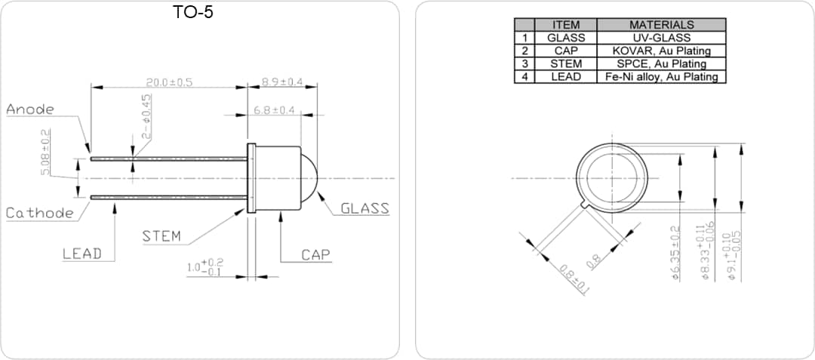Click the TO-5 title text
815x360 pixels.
tap(193, 12)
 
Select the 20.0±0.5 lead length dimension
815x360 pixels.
tap(169, 82)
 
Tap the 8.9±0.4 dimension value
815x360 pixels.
tap(281, 82)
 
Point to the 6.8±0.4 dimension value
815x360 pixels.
tap(274, 110)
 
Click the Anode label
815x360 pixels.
tap(30, 109)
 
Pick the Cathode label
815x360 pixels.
tap(40, 213)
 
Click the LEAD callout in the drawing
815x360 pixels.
tap(81, 254)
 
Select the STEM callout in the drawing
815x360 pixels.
tap(161, 236)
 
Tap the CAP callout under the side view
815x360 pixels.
tap(316, 255)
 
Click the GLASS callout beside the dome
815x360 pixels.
tap(364, 208)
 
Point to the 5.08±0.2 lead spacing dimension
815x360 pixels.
tap(45, 152)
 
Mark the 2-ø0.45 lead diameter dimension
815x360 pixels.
tap(147, 115)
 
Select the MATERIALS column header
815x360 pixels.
tap(661, 25)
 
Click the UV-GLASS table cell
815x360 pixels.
tap(661, 38)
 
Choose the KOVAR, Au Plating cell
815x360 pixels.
tap(661, 51)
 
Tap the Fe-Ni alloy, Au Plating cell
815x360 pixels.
tap(661, 76)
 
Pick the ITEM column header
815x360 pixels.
tap(566, 25)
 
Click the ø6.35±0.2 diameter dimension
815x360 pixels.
tap(676, 254)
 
